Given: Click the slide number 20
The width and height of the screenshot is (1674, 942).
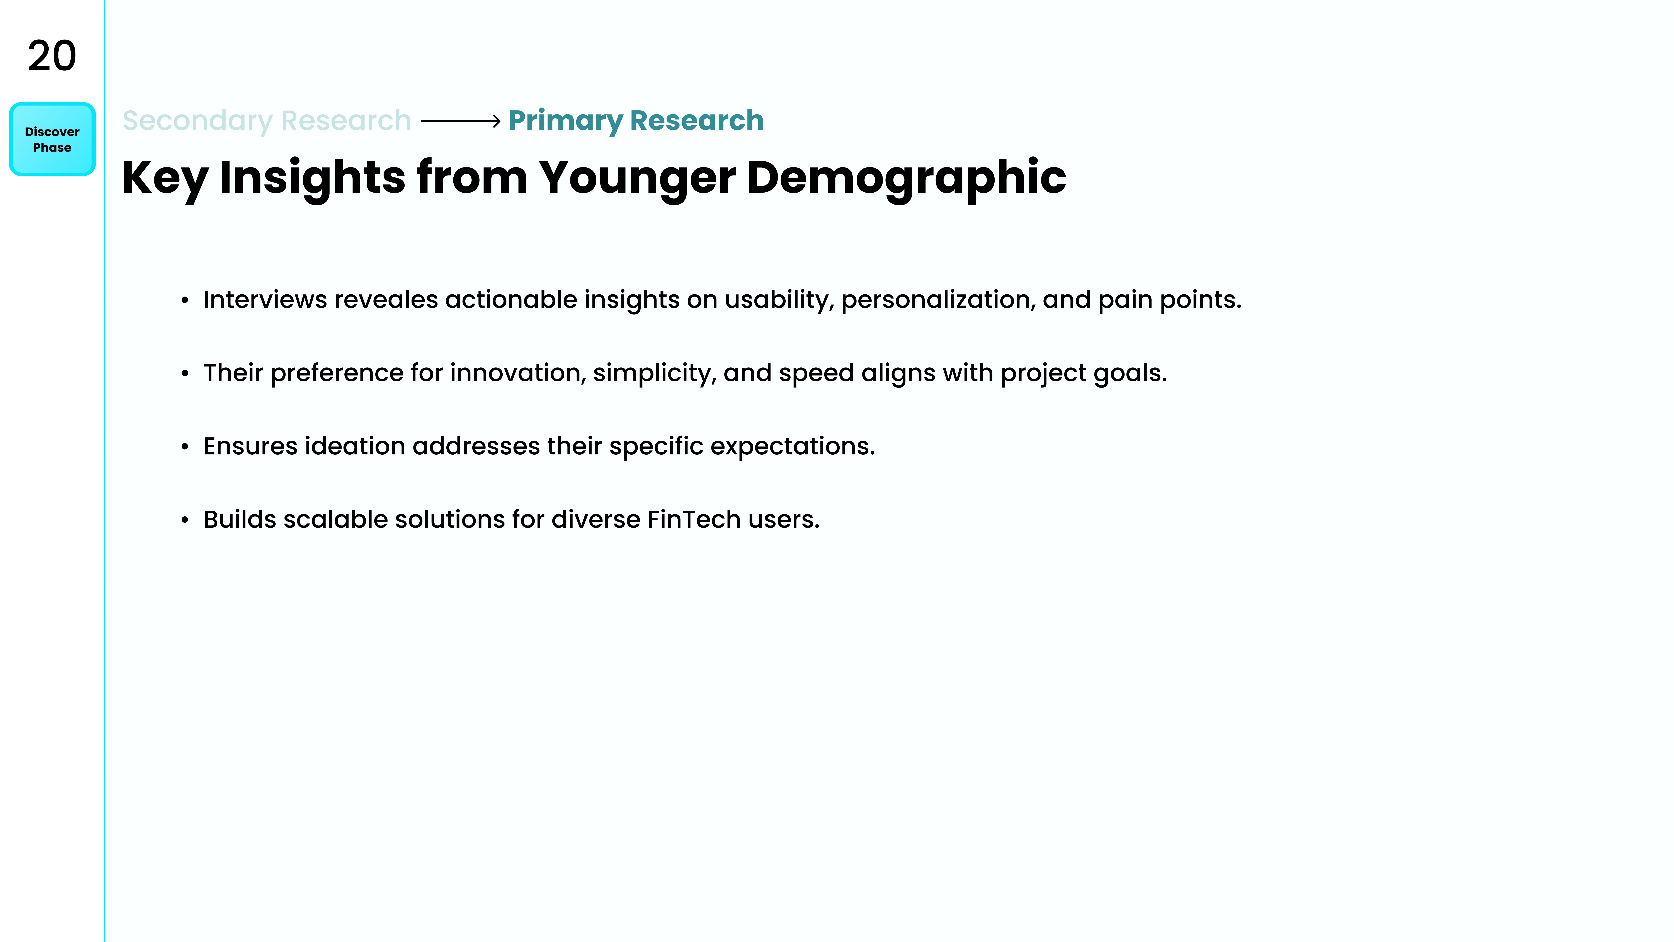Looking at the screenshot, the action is tap(52, 56).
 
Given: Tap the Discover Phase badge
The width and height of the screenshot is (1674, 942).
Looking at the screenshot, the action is tap(52, 139).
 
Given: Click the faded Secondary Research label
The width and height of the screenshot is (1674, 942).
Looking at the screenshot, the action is tap(267, 121).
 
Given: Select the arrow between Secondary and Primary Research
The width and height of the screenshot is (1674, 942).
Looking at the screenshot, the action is tap(461, 121).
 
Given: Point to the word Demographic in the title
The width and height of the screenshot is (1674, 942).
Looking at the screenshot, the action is tap(907, 178).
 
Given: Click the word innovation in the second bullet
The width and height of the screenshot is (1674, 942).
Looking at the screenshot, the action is tap(518, 373).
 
